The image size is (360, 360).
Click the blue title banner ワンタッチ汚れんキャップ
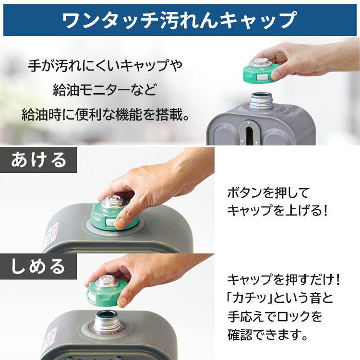click(180, 19)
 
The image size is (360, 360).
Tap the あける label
click(38, 159)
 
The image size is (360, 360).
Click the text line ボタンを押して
click(269, 193)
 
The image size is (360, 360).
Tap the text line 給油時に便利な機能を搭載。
click(104, 115)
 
